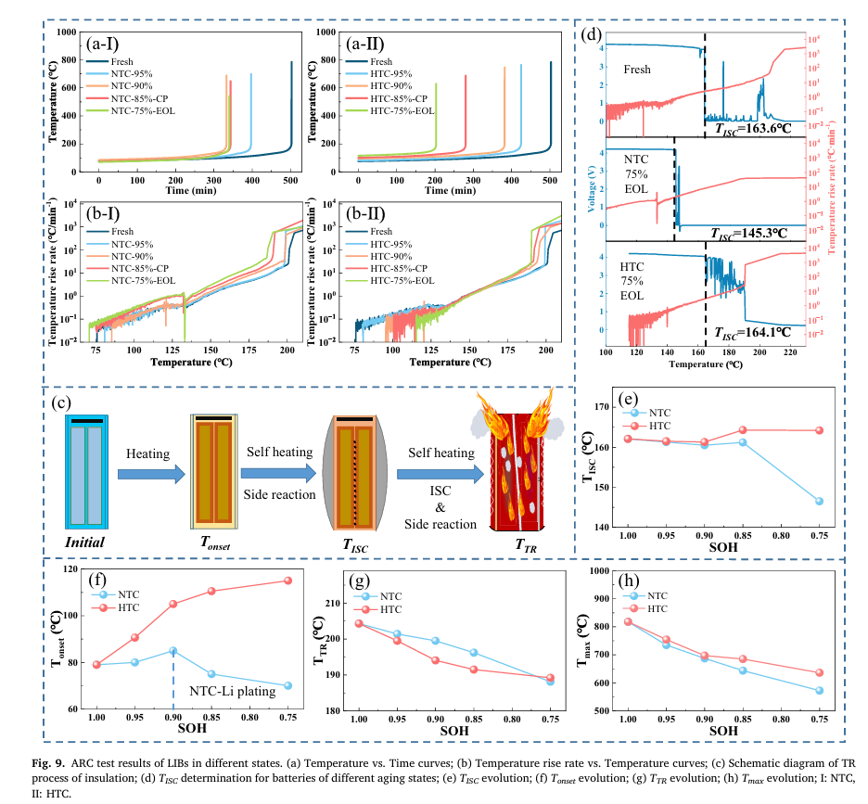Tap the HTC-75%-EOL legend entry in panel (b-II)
pyautogui.click(x=404, y=279)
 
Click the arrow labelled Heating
pyautogui.click(x=148, y=474)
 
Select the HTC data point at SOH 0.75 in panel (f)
pyautogui.click(x=287, y=581)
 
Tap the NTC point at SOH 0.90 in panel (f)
pyautogui.click(x=173, y=650)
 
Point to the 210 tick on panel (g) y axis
pyautogui.click(x=338, y=603)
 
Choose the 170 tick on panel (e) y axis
pyautogui.click(x=613, y=406)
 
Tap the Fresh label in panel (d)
pyautogui.click(x=637, y=70)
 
